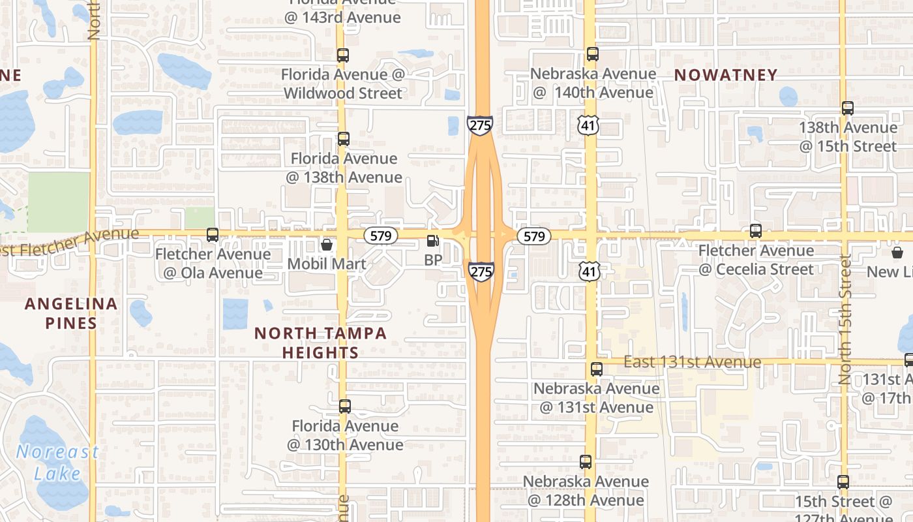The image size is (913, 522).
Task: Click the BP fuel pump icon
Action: click(x=432, y=241)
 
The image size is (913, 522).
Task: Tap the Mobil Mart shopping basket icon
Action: click(x=327, y=245)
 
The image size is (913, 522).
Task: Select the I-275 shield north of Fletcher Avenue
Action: click(x=480, y=125)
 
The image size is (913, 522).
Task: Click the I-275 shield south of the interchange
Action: click(x=481, y=271)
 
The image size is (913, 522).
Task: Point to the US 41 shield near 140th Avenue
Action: click(x=588, y=125)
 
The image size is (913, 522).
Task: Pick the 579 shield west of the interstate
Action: click(x=380, y=236)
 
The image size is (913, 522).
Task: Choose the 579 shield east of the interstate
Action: click(x=534, y=236)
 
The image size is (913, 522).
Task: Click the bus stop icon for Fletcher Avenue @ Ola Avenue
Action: click(x=213, y=235)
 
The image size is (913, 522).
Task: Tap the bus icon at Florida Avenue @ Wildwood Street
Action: click(x=343, y=55)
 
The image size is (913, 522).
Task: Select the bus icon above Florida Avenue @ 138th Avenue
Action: click(x=344, y=139)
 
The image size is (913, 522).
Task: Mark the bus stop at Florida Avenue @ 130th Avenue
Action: click(x=345, y=407)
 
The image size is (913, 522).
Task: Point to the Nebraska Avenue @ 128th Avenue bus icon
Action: click(x=586, y=462)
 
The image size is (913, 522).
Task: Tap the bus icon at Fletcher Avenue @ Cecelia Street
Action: click(x=756, y=230)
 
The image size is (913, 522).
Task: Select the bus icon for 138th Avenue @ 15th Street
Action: click(x=848, y=108)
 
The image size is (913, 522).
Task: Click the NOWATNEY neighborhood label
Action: click(x=726, y=75)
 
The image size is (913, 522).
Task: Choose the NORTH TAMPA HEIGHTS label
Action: click(x=320, y=343)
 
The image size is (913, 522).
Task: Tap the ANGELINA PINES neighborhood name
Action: click(x=71, y=313)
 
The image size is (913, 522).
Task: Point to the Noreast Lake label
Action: click(x=57, y=463)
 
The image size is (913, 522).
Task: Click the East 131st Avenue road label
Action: click(x=692, y=362)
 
